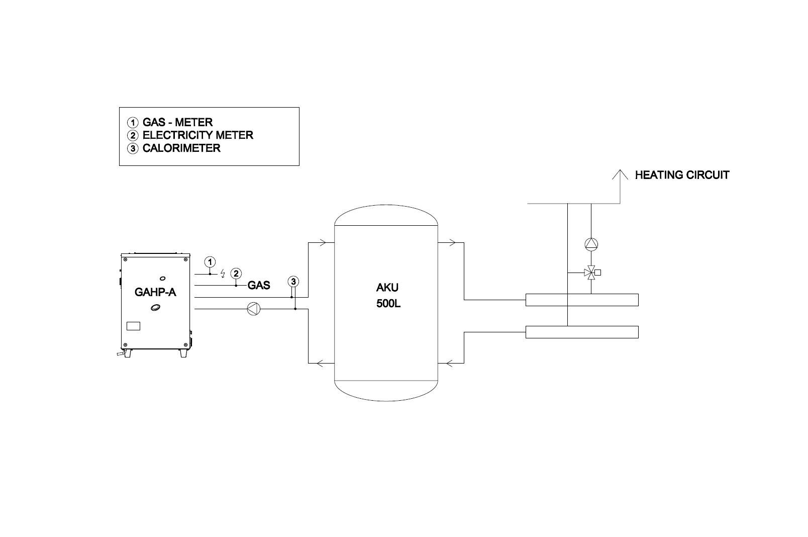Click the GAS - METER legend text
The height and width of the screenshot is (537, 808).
click(x=177, y=122)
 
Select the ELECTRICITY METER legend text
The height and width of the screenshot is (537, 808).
click(x=197, y=135)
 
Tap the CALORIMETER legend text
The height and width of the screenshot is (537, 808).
click(x=181, y=148)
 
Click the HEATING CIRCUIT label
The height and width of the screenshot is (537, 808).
click(x=682, y=175)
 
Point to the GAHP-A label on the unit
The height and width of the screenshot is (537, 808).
click(x=155, y=292)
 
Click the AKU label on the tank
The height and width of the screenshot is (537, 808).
click(x=387, y=287)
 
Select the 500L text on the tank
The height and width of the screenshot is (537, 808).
click(x=388, y=304)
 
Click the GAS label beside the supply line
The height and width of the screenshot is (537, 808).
click(x=259, y=285)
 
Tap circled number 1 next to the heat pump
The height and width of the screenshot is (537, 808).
click(x=210, y=261)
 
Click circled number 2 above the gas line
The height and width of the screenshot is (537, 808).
click(x=236, y=273)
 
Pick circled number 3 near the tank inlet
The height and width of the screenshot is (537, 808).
click(x=293, y=282)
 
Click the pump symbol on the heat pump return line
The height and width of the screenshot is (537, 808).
click(x=254, y=309)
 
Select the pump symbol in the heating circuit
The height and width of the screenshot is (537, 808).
click(x=591, y=245)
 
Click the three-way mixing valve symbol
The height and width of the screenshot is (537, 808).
click(x=590, y=273)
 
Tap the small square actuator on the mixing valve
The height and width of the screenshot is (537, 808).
click(x=597, y=273)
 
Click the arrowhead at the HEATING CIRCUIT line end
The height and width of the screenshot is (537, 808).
click(x=620, y=170)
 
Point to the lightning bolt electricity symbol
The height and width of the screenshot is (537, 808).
click(x=223, y=274)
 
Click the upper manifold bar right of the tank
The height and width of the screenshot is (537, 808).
click(x=582, y=300)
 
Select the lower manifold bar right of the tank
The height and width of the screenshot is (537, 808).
click(x=582, y=332)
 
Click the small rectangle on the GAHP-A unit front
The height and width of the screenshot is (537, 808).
click(x=134, y=326)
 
